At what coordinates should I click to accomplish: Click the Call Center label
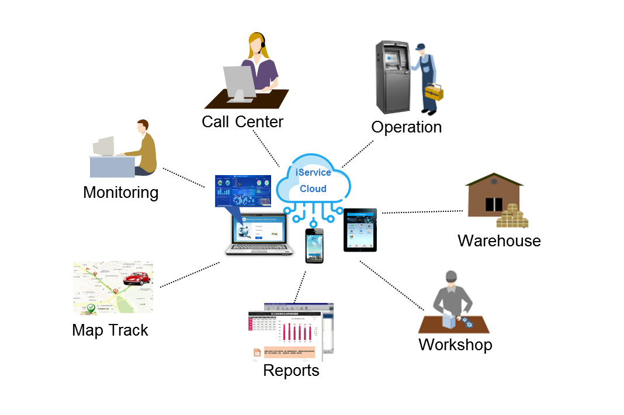(x=242, y=121)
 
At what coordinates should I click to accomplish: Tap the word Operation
(x=407, y=127)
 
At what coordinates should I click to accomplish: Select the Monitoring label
(x=121, y=192)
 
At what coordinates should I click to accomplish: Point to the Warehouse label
(x=499, y=240)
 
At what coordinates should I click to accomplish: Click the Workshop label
(x=455, y=344)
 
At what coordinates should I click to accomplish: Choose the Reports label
(x=291, y=370)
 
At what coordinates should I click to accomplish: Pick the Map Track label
(x=110, y=330)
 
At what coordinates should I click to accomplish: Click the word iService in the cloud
(x=314, y=172)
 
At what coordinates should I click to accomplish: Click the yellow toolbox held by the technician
(x=435, y=92)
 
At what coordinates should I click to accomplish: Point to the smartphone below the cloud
(x=314, y=245)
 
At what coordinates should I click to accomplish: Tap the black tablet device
(x=360, y=230)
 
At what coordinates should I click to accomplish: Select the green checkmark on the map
(x=91, y=308)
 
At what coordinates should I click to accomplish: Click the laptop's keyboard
(x=260, y=250)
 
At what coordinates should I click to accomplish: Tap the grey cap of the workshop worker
(x=450, y=276)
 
